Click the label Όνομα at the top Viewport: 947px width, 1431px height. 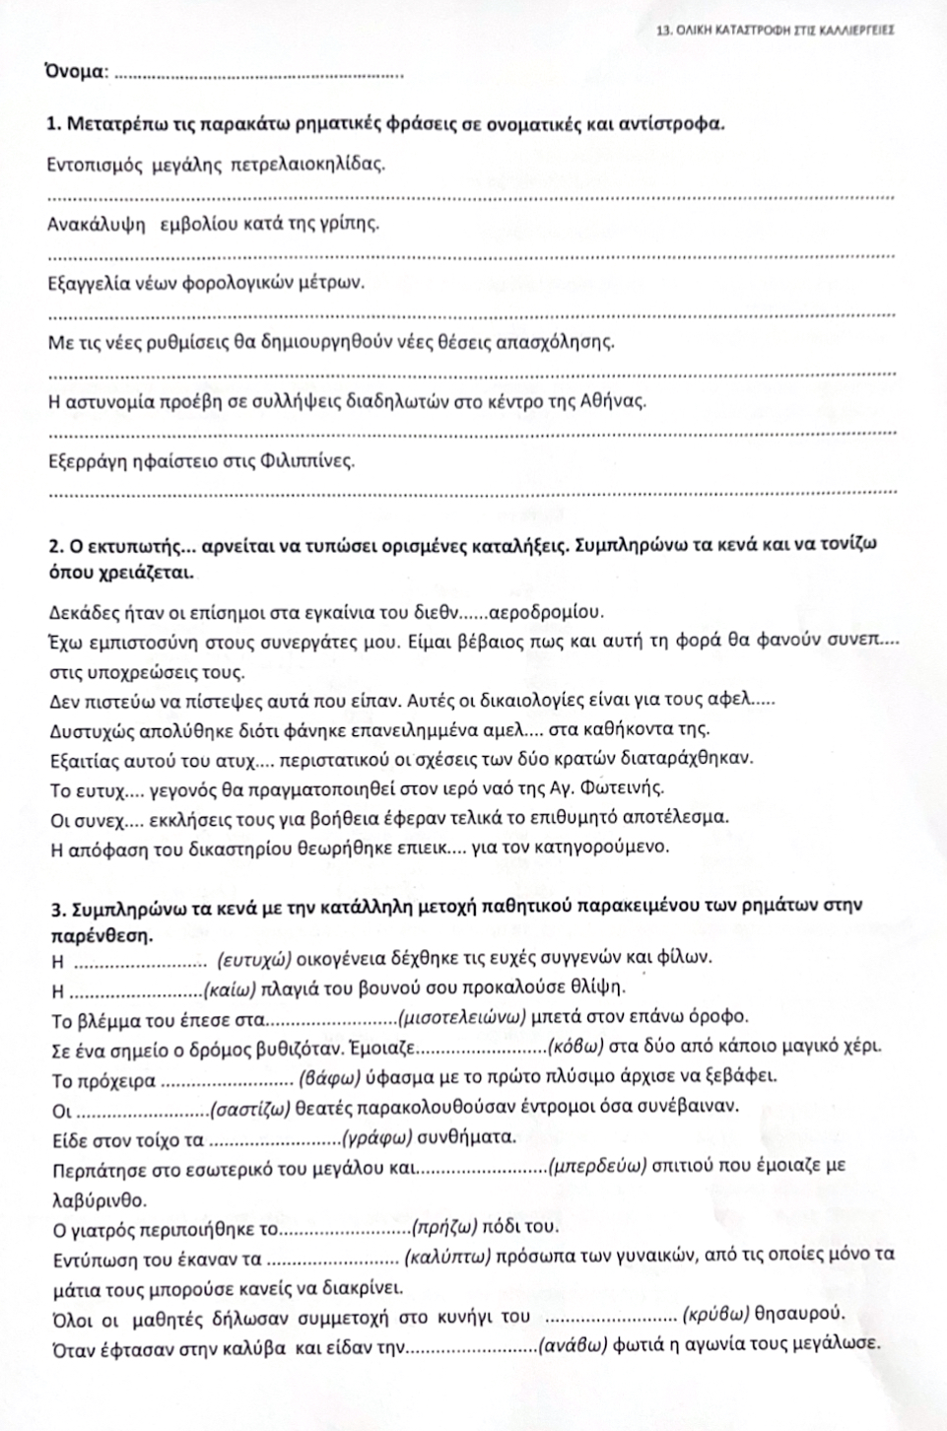coord(76,71)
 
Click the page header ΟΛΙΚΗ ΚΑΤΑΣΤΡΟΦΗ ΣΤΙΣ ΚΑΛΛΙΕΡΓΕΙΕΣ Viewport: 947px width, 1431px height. coord(775,31)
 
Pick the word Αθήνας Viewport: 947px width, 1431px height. coord(615,401)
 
